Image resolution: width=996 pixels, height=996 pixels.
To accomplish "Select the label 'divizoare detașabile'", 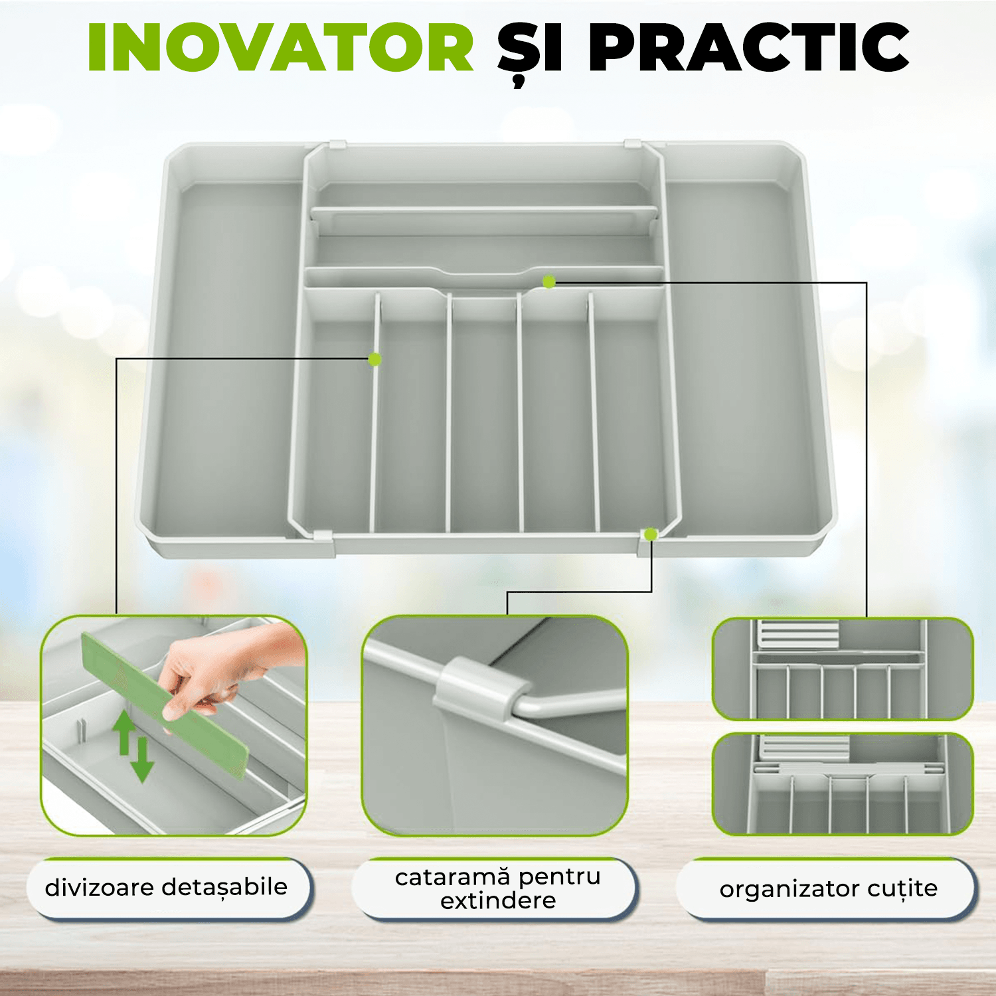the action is click(166, 887).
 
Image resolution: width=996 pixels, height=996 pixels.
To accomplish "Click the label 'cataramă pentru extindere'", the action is click(498, 888).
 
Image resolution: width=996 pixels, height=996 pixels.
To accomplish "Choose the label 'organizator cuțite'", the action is click(828, 888).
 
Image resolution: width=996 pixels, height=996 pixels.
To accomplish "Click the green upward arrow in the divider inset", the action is click(124, 732).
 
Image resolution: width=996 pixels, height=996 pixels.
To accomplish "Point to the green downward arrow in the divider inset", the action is click(142, 760).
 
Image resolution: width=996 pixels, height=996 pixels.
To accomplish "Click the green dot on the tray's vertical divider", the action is click(374, 359).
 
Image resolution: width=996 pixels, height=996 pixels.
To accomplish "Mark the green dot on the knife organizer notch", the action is click(548, 282).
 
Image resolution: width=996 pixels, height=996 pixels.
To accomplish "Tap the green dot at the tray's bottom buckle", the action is click(651, 535).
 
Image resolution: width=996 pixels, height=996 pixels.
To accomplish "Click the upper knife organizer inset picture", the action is click(843, 669).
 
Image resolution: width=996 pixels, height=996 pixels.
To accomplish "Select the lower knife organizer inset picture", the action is click(843, 784).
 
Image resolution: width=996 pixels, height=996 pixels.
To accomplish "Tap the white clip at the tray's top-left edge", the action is click(338, 144).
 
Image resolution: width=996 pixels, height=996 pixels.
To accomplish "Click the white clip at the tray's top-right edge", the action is click(632, 143).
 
